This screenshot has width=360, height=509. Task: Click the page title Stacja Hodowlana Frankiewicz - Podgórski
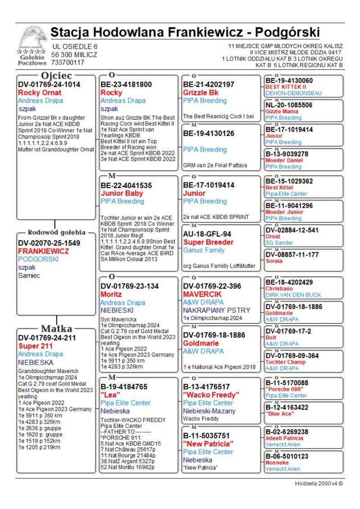pyautogui.click(x=185, y=33)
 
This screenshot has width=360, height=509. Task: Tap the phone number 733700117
pyautogui.click(x=67, y=63)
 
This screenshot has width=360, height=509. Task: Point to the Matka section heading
pyautogui.click(x=56, y=328)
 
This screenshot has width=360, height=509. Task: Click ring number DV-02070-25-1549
pyautogui.click(x=49, y=243)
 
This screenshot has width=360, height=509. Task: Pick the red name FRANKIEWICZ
pyautogui.click(x=43, y=251)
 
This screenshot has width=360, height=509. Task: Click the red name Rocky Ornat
pyautogui.click(x=40, y=93)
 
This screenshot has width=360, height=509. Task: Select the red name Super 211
pyautogui.click(x=36, y=346)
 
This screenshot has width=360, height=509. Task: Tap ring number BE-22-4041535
pyautogui.click(x=126, y=185)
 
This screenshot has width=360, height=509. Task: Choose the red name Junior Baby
pyautogui.click(x=121, y=193)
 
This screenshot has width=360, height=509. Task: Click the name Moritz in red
pyautogui.click(x=111, y=294)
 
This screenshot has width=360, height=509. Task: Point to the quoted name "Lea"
pyautogui.click(x=110, y=395)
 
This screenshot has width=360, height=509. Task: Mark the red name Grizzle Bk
pyautogui.click(x=201, y=93)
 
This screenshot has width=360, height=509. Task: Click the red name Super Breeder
pyautogui.click(x=208, y=242)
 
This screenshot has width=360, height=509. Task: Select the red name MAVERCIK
pyautogui.click(x=202, y=294)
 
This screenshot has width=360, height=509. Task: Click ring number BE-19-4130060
pyautogui.click(x=289, y=81)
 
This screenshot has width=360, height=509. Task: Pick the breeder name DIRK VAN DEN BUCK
pyautogui.click(x=293, y=295)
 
